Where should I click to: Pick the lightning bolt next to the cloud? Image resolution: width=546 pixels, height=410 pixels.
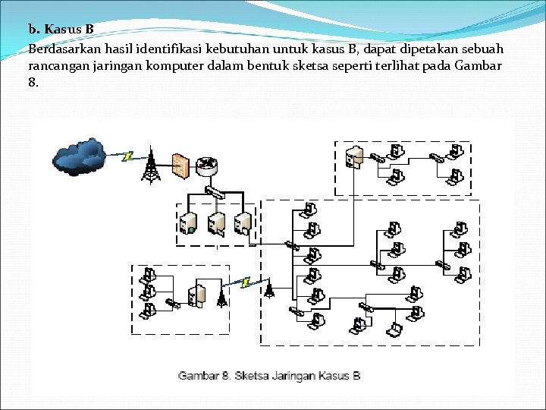(x=128, y=156)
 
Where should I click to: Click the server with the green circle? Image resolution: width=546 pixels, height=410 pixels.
(x=189, y=222)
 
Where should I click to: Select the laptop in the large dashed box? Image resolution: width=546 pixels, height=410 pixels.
(x=394, y=330)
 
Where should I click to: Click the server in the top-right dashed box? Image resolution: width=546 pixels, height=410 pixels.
(x=352, y=157)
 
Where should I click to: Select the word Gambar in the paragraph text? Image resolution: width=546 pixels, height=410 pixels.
(x=479, y=65)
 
